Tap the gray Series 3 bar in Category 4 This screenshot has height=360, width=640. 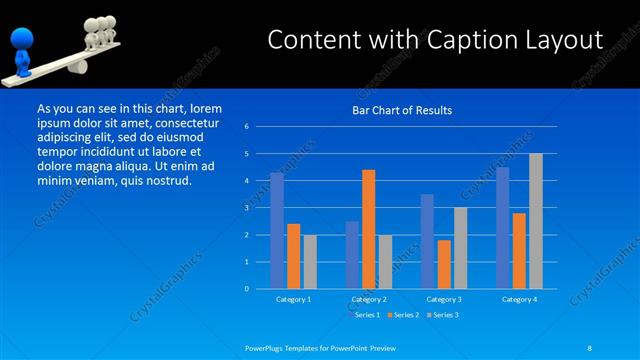click(x=536, y=221)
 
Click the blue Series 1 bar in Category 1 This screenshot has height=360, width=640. click(x=277, y=231)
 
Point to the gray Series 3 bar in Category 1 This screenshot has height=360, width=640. click(x=310, y=262)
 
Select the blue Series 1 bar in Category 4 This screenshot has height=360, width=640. click(x=503, y=228)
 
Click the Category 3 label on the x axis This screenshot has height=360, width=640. click(x=443, y=299)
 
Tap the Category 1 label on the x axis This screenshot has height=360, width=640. click(x=293, y=299)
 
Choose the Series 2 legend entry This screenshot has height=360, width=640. click(x=404, y=315)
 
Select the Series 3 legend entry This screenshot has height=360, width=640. click(x=444, y=315)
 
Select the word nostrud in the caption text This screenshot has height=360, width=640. click(x=166, y=180)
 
